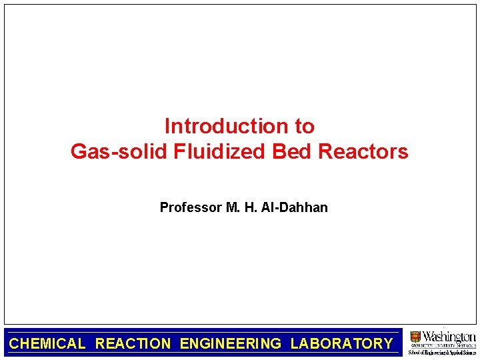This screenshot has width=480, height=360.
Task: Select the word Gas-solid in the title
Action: pos(119,152)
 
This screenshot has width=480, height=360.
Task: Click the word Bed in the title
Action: pos(293,152)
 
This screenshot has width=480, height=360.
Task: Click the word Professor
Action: pos(191,207)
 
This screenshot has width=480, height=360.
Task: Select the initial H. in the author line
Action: pos(251,207)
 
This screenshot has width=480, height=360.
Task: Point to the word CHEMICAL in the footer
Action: pos(47,344)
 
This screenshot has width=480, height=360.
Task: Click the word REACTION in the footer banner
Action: pos(133,344)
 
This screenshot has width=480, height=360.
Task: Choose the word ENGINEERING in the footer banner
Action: pos(231,344)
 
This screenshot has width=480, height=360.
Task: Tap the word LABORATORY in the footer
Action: pos(341,344)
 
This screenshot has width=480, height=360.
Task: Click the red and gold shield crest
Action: pos(415,337)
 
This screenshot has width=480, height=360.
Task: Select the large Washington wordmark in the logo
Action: pos(449,336)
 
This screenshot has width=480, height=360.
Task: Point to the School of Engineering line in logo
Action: pos(442,352)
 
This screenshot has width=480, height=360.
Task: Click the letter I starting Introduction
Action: pos(167,126)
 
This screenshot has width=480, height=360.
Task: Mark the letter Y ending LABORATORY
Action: pos(388,344)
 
